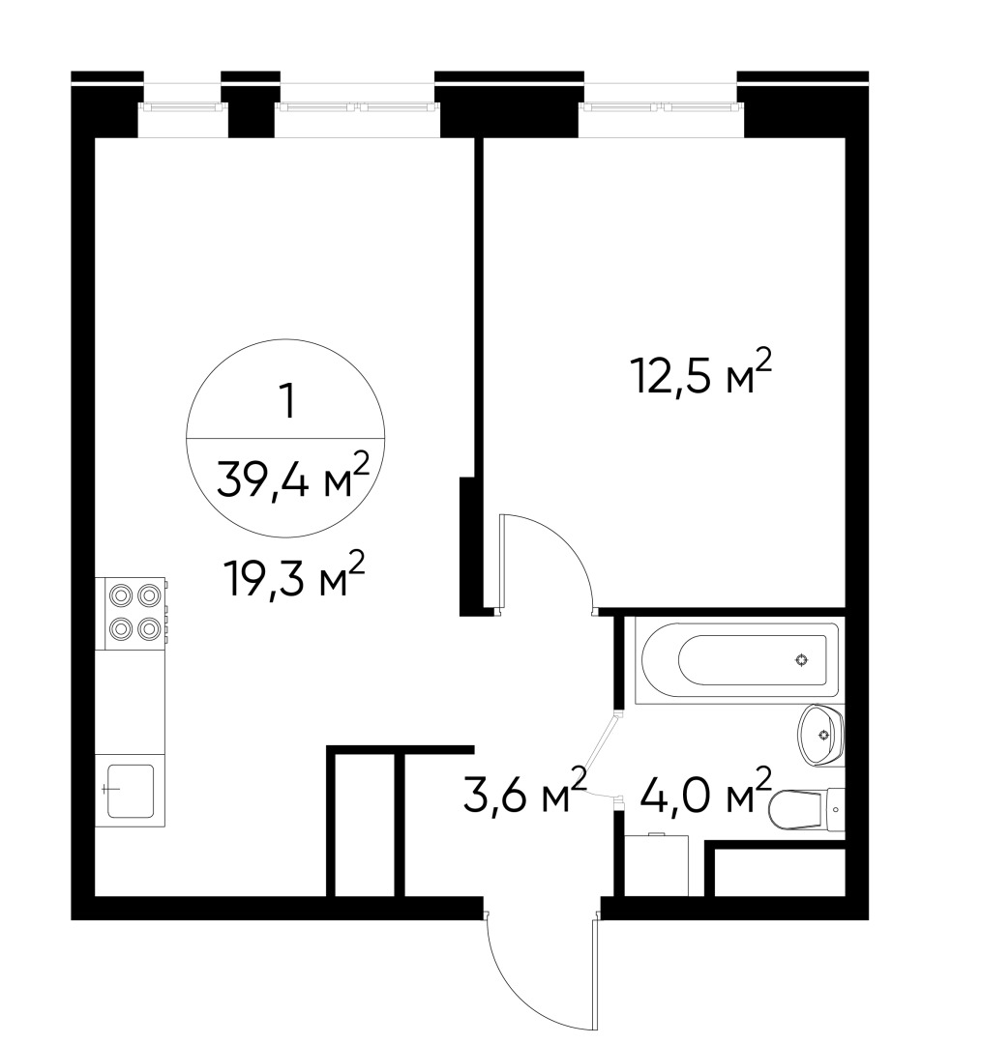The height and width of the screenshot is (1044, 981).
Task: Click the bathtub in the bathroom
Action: point(736,660)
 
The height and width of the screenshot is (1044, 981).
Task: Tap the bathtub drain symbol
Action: point(801,661)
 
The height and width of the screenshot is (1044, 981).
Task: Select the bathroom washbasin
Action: point(821,735)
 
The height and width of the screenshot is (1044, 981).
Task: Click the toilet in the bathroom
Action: point(795,808)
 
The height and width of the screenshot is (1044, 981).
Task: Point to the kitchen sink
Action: point(131,792)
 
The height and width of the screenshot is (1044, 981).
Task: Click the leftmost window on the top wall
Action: point(182,106)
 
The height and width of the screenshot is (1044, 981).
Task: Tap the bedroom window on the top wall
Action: point(663,106)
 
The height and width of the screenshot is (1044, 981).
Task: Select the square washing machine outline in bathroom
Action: point(657,864)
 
